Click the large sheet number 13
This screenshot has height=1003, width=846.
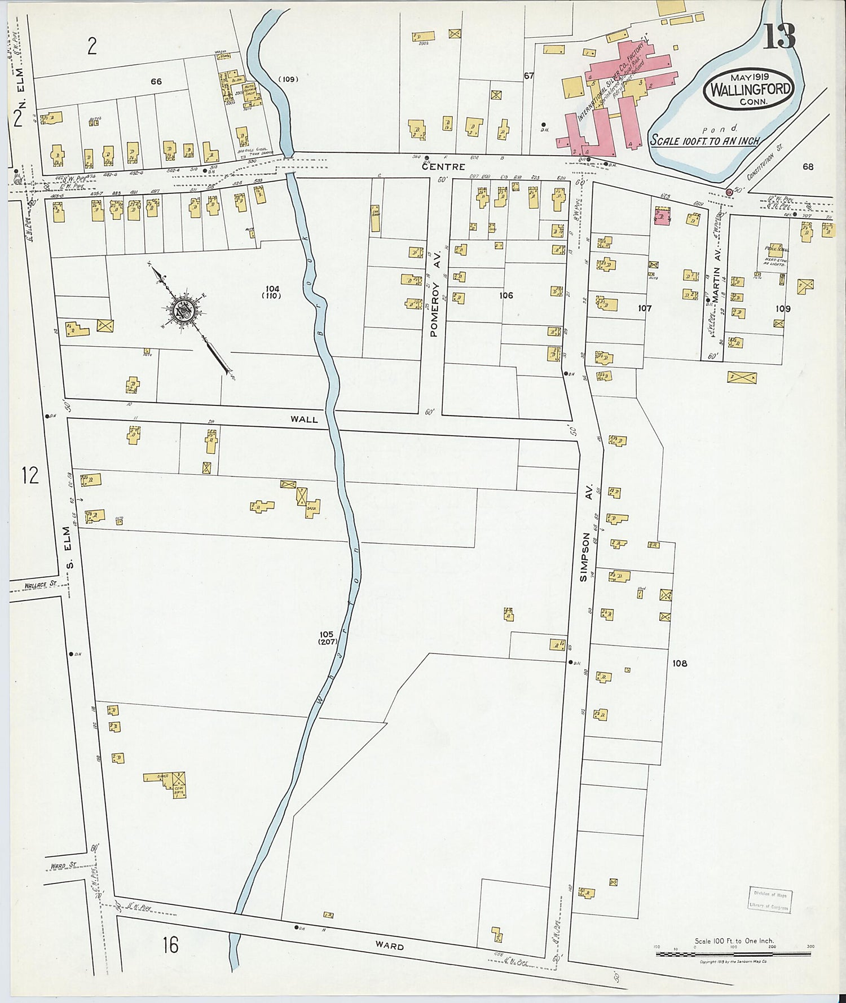click(780, 37)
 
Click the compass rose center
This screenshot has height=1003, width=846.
click(184, 310)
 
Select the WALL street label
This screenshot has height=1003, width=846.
click(304, 419)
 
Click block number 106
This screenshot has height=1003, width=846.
click(506, 295)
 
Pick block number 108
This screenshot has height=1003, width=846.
click(680, 663)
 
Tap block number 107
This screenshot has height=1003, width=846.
click(645, 308)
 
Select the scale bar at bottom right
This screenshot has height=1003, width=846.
click(733, 954)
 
